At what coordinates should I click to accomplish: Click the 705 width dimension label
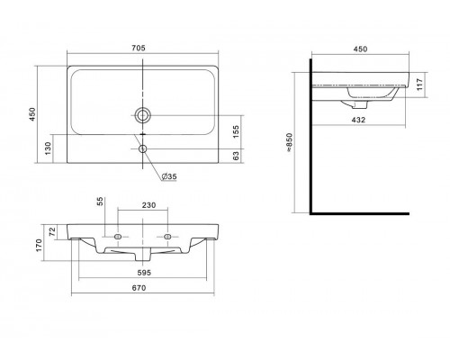pyautogui.click(x=139, y=48)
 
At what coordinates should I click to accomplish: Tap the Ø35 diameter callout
pyautogui.click(x=169, y=176)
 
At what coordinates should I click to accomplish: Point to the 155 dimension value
pyautogui.click(x=236, y=131)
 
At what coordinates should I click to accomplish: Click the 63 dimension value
pyautogui.click(x=236, y=156)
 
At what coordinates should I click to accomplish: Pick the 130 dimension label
pyautogui.click(x=48, y=148)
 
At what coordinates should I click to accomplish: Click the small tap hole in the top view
pyautogui.click(x=143, y=148)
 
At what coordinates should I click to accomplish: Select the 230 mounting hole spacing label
pyautogui.click(x=148, y=205)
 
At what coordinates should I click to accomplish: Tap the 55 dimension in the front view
pyautogui.click(x=101, y=201)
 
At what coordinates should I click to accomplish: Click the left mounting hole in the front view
pyautogui.click(x=118, y=237)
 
